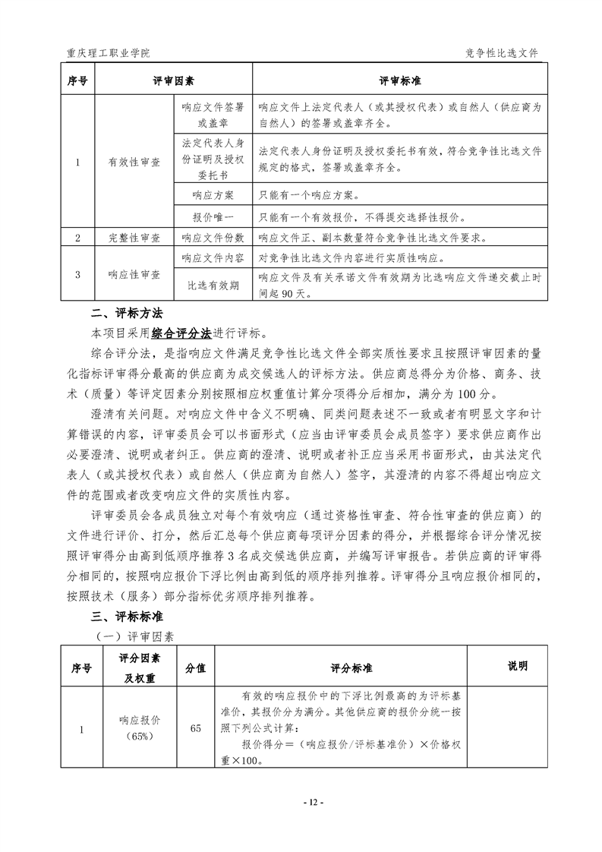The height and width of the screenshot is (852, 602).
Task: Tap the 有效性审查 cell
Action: [134, 162]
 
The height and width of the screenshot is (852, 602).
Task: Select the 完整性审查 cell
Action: [134, 238]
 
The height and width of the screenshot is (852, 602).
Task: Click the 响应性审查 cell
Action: [134, 273]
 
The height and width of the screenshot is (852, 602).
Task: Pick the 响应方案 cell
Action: [213, 196]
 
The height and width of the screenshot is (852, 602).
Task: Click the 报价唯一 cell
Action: [213, 217]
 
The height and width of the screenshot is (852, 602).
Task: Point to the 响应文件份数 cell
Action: [213, 238]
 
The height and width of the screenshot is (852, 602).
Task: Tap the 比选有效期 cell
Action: [213, 286]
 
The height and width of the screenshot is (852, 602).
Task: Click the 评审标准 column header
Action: [400, 80]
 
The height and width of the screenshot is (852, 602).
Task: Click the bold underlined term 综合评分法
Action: [181, 332]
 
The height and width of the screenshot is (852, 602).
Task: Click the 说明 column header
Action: [517, 666]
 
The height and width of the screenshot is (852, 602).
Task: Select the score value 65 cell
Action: [196, 728]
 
